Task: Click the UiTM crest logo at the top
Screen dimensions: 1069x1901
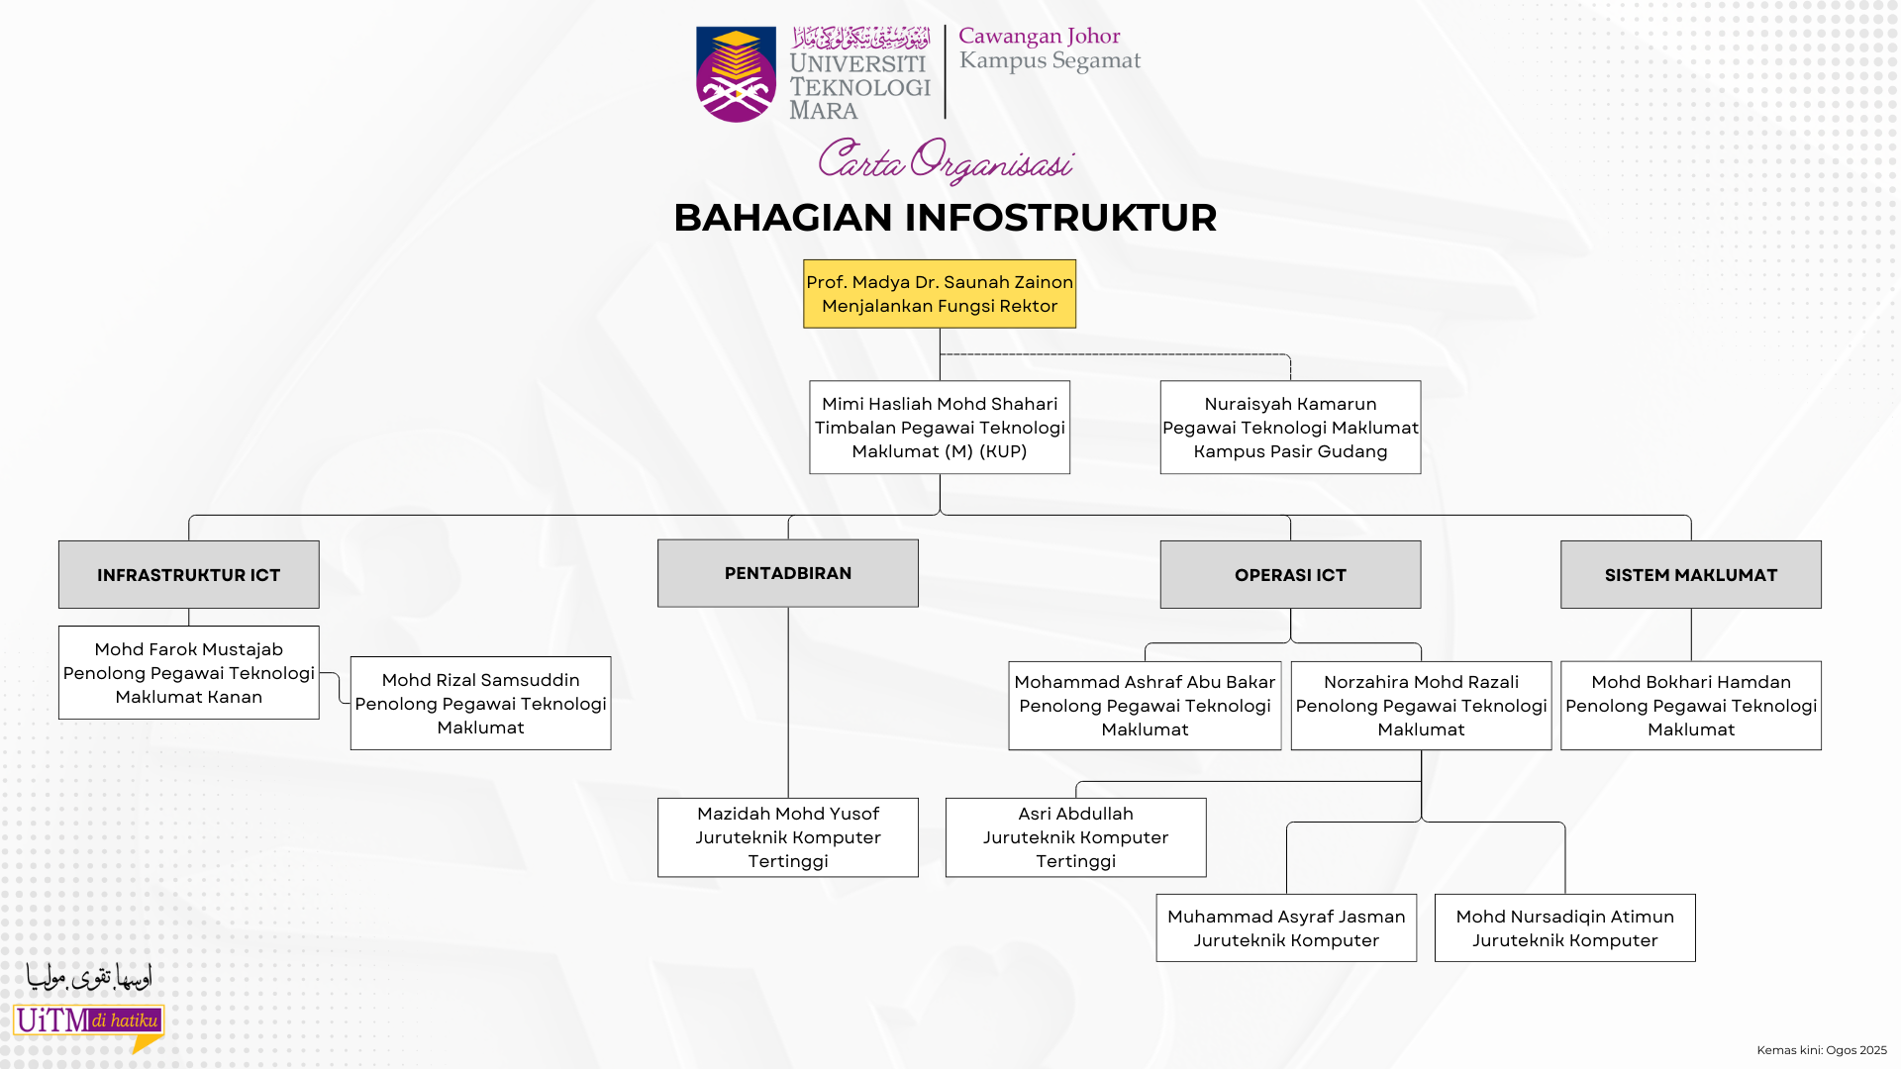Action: (x=736, y=74)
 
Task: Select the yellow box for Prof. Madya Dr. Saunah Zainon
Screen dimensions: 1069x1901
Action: (x=939, y=294)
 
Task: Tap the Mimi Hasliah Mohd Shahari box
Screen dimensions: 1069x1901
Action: (x=939, y=428)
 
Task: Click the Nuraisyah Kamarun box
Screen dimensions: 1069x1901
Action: (x=1290, y=428)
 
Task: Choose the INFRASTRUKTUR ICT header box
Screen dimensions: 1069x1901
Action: (x=188, y=574)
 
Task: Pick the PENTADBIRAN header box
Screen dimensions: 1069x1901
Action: (x=787, y=573)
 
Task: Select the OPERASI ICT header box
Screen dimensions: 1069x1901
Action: (x=1290, y=574)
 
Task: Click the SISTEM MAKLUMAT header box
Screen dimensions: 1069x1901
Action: (x=1690, y=574)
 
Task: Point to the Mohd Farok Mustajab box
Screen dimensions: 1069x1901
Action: (x=188, y=672)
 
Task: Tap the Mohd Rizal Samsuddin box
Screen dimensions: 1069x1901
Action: (x=480, y=703)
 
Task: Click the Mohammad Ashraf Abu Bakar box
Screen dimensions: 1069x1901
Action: (x=1145, y=705)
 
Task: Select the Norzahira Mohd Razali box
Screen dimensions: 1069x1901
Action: (x=1421, y=705)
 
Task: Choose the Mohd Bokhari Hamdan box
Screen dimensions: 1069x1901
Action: (x=1690, y=705)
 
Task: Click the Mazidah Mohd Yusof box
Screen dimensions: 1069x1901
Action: (x=787, y=837)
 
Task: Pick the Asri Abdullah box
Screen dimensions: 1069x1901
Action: (x=1075, y=837)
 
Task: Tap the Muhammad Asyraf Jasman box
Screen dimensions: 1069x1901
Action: (x=1286, y=927)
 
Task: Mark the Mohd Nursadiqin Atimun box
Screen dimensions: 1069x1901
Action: (x=1564, y=927)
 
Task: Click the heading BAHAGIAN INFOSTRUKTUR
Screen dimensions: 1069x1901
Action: (x=945, y=218)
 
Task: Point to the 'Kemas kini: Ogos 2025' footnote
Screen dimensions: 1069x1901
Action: (x=1821, y=1050)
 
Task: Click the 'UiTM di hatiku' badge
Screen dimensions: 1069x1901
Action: (x=88, y=1021)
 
